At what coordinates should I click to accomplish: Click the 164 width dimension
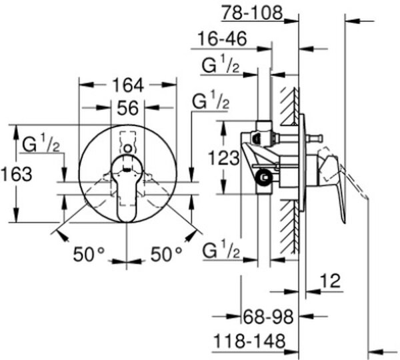128,85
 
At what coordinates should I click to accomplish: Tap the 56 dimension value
127,108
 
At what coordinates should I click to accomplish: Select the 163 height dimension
17,175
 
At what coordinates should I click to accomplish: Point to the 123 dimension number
224,158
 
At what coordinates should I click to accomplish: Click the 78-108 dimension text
252,13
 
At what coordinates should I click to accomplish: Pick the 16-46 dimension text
223,39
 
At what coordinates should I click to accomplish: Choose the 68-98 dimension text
268,317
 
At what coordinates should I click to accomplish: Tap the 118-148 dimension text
249,341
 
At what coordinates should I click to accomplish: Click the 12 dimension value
330,281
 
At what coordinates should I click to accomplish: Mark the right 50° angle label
167,255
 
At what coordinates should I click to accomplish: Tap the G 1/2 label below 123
221,249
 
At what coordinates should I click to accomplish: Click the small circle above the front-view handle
128,149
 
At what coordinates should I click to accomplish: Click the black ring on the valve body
263,177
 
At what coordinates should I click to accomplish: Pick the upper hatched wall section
290,107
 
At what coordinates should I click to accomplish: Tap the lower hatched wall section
290,227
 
